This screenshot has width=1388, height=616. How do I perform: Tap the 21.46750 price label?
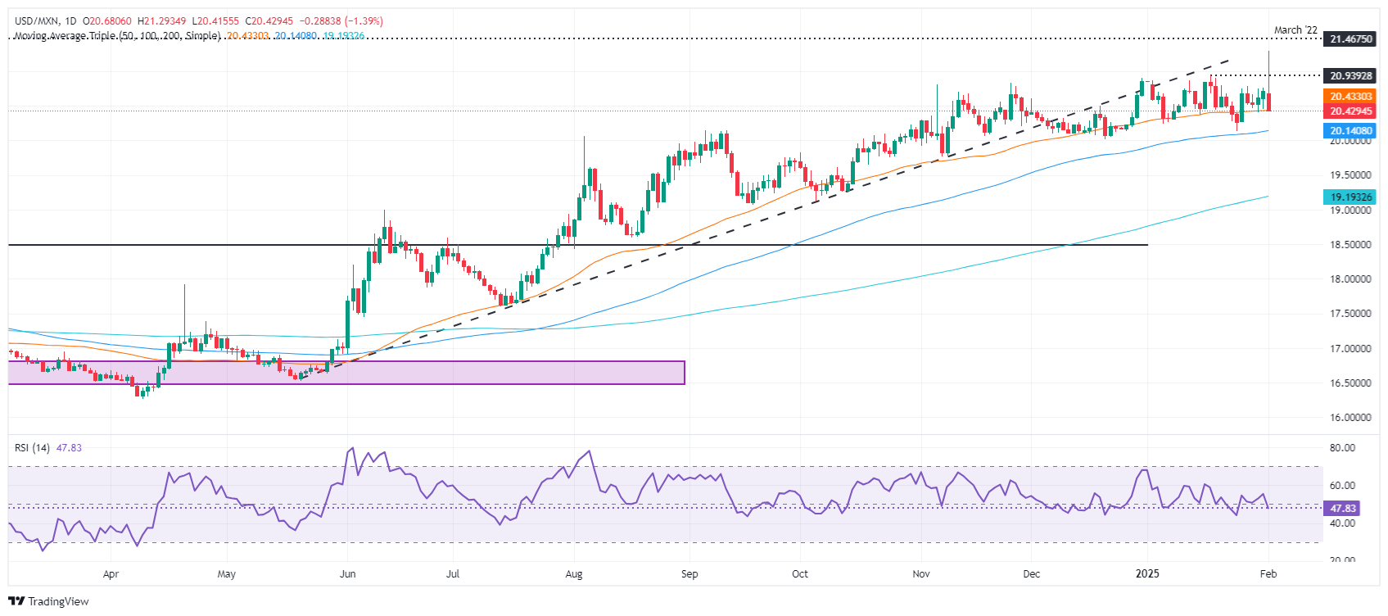[x=1350, y=38]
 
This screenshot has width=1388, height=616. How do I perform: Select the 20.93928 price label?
[x=1350, y=75]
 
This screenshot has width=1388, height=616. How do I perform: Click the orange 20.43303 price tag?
[x=1350, y=97]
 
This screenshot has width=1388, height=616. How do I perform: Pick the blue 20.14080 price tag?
[x=1350, y=131]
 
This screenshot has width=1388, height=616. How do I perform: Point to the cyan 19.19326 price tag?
[x=1350, y=197]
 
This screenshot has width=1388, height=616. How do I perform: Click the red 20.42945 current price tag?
[x=1350, y=111]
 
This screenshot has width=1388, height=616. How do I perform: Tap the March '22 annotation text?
[x=1295, y=30]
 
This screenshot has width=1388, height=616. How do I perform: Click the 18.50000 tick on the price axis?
[x=1350, y=245]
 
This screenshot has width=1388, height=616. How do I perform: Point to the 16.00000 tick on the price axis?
[x=1350, y=418]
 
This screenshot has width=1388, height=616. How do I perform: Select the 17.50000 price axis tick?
[x=1350, y=314]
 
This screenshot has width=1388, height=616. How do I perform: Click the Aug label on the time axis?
[x=574, y=574]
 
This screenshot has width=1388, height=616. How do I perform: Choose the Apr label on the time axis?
[x=111, y=574]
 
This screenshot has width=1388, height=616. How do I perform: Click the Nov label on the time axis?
[x=921, y=574]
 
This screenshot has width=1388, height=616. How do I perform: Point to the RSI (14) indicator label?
[x=32, y=448]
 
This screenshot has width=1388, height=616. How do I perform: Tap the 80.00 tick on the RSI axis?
[x=1342, y=448]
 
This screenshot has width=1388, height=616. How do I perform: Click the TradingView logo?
[x=48, y=601]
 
